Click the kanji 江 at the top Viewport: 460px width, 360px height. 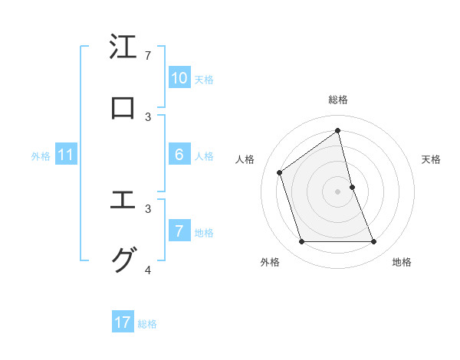coord(123,47)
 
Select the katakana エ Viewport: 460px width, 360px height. coord(123,201)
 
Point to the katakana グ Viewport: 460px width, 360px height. coord(123,260)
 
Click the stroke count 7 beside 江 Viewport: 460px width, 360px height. coord(147,56)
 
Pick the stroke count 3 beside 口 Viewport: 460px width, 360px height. coord(147,116)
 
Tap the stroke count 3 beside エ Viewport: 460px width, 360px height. coord(147,208)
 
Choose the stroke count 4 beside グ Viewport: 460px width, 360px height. coord(147,270)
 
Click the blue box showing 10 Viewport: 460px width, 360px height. coord(179,78)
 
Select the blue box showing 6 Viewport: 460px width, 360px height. coord(179,155)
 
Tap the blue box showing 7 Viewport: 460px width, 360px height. coord(179,231)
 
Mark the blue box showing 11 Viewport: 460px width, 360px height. coord(65,155)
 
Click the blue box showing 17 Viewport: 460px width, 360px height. coord(123,322)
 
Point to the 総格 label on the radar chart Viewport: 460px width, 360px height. coord(338,100)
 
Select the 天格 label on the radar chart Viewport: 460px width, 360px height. coord(432,159)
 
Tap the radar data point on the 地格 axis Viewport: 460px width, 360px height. coord(374,242)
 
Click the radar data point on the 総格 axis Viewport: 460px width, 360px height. coord(338,131)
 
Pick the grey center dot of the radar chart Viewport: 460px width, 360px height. coord(338,191)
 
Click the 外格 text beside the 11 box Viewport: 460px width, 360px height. coord(41,155)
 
